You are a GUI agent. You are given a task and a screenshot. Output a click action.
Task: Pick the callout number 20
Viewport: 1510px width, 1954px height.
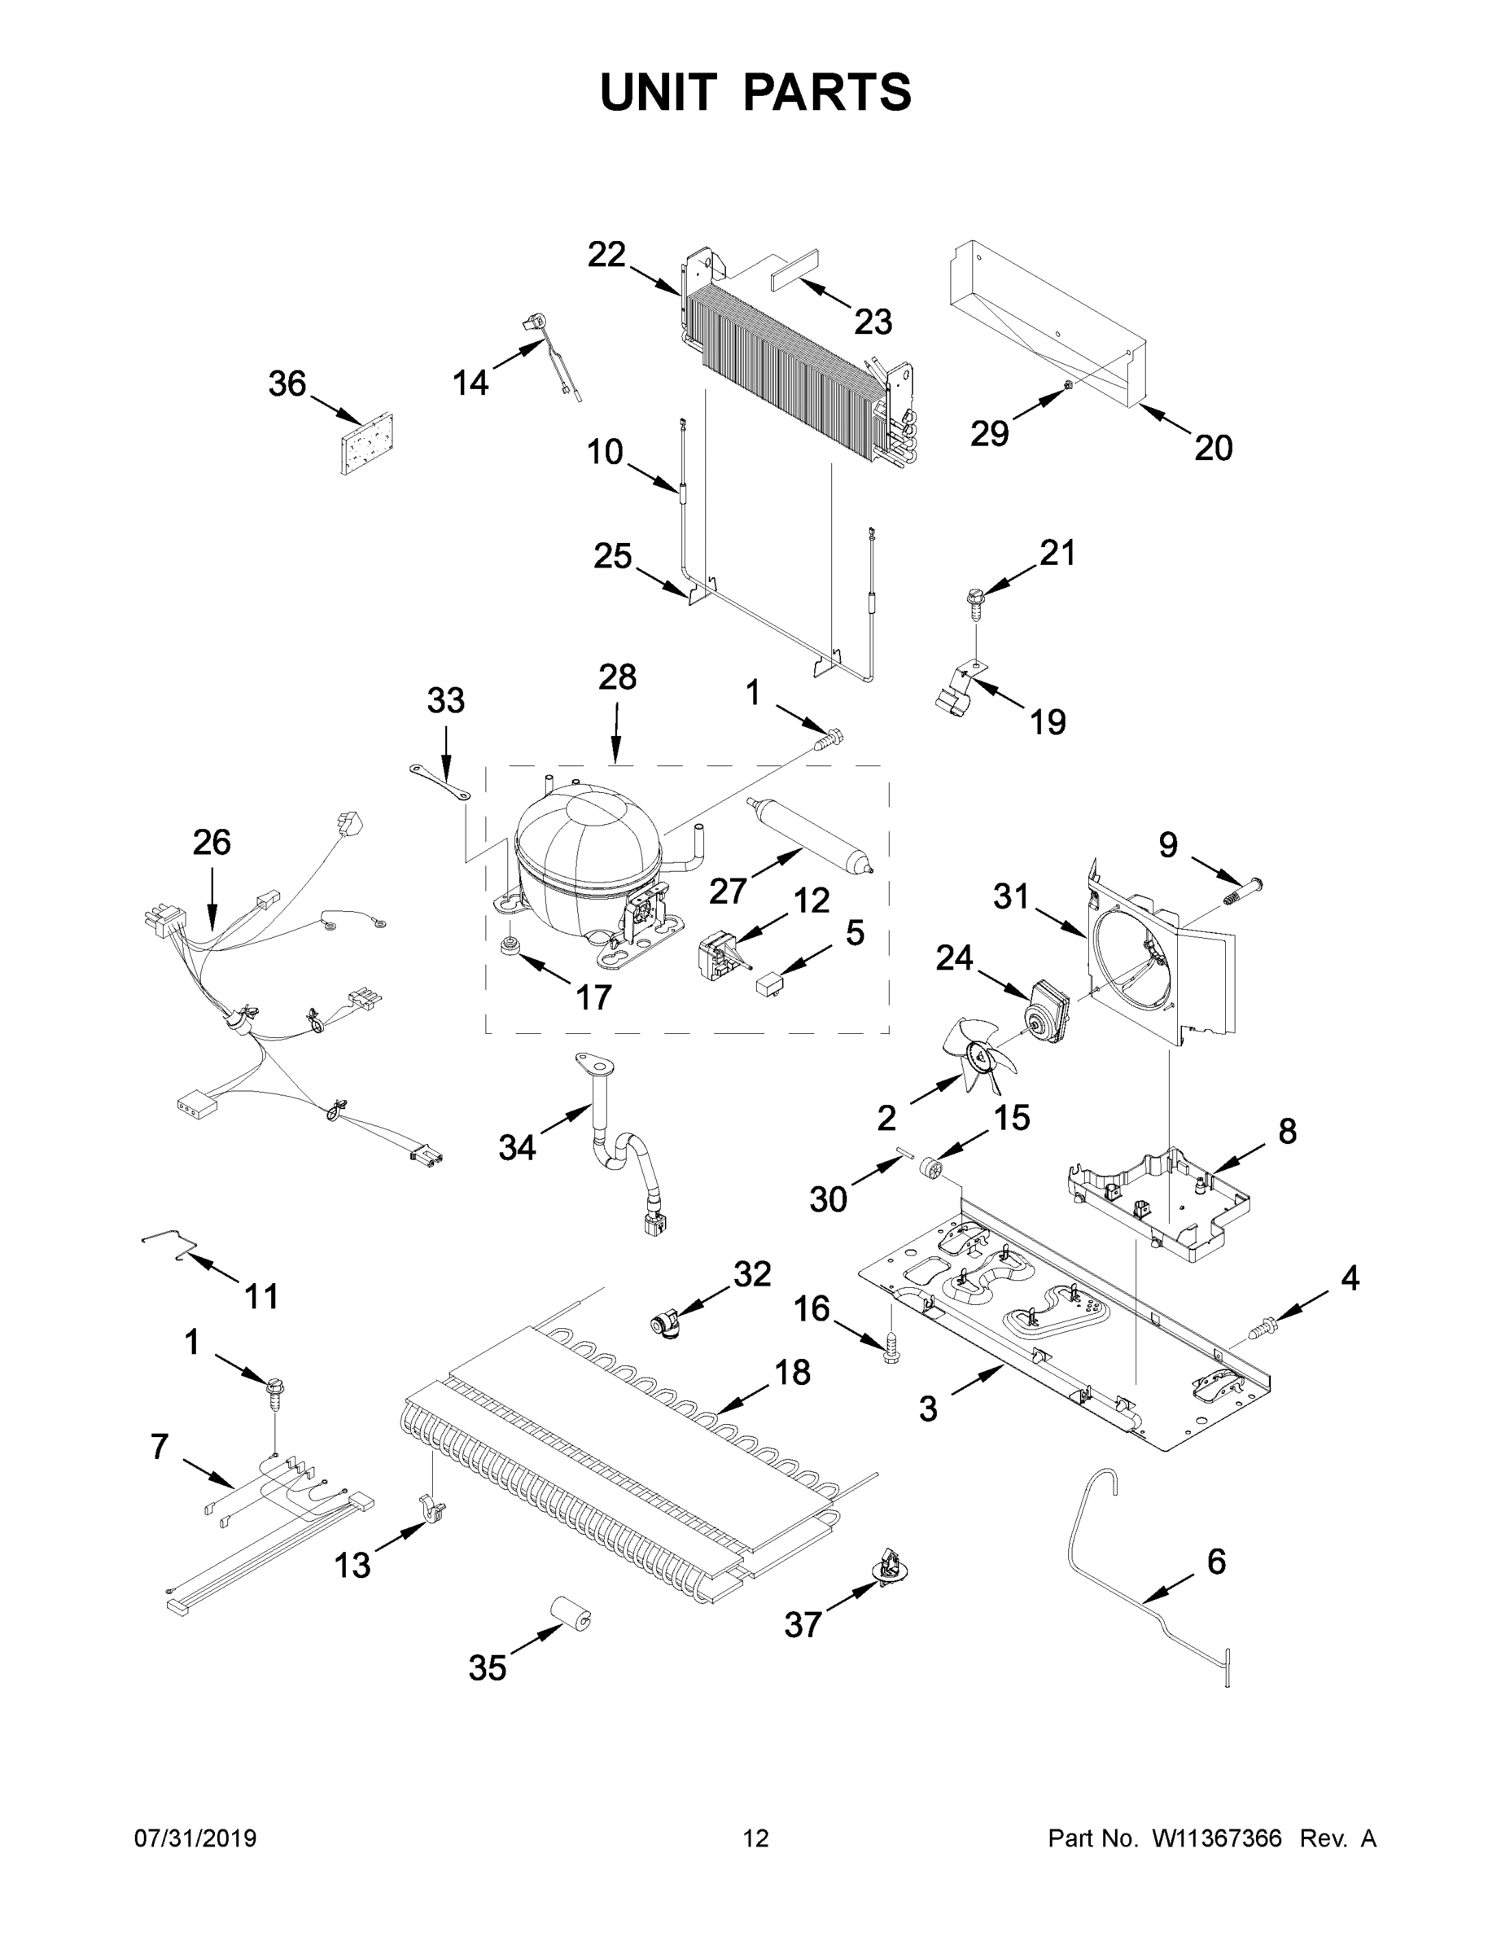[1213, 447]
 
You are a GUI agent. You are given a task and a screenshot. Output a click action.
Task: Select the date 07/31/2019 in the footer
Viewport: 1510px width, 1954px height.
[195, 1838]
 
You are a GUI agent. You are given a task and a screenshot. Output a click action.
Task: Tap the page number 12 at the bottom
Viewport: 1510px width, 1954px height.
[756, 1838]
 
